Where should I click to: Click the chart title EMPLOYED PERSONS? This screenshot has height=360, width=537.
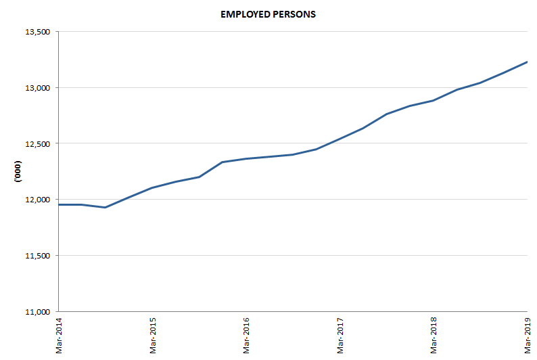point(268,14)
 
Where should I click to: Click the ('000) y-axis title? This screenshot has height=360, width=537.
point(18,172)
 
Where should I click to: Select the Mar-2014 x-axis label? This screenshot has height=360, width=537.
point(59,334)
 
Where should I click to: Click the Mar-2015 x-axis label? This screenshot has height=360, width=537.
point(153,334)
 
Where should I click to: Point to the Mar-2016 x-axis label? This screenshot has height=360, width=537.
point(246,334)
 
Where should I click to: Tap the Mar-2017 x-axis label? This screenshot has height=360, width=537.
point(340,334)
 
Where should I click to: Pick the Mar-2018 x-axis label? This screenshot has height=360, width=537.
point(434,334)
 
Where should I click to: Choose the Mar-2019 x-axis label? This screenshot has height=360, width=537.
point(528,334)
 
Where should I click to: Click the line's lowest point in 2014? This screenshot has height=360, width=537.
point(105,207)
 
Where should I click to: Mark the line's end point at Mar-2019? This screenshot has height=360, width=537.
point(527,62)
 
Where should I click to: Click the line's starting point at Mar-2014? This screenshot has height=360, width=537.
point(59,204)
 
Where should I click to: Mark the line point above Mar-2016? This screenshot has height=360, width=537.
point(246,158)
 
